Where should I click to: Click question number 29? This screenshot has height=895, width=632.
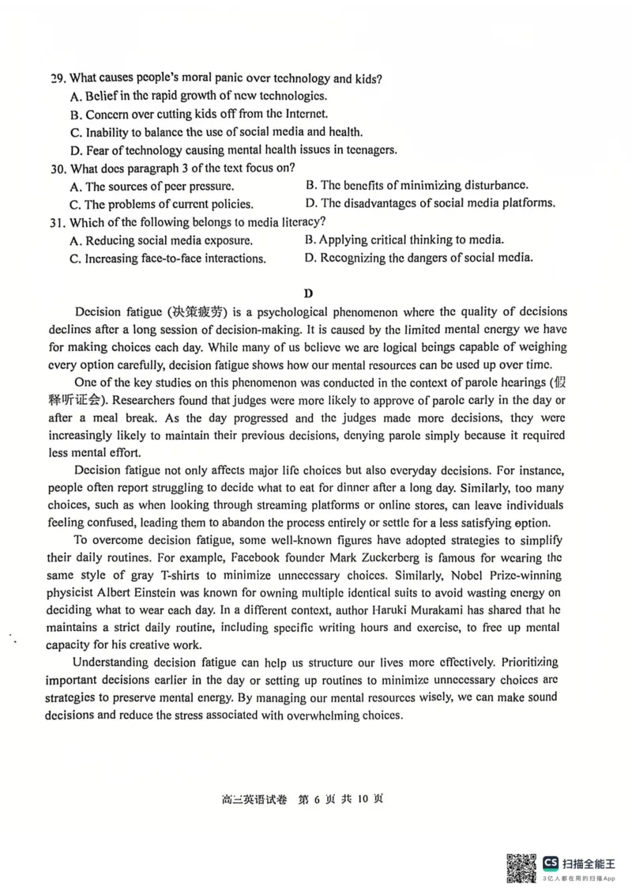coord(58,78)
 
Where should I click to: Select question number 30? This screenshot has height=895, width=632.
coord(57,168)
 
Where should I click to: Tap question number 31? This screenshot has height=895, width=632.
coord(57,222)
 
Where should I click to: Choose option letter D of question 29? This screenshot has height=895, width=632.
coord(76,150)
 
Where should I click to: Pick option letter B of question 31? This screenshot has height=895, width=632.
coord(310,240)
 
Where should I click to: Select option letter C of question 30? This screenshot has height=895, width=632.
coord(75,204)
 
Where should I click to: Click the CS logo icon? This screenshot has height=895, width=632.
coord(550,862)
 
